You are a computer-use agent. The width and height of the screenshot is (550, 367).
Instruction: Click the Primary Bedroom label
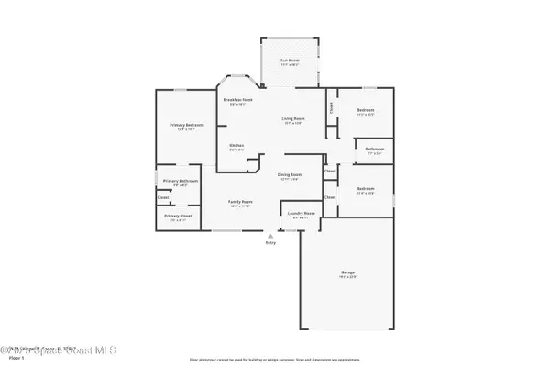pyautogui.click(x=186, y=125)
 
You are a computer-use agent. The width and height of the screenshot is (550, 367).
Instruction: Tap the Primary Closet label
pyautogui.click(x=176, y=217)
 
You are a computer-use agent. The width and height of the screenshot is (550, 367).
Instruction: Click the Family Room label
pyautogui.click(x=241, y=202)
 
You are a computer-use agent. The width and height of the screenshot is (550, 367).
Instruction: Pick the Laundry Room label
pyautogui.click(x=303, y=215)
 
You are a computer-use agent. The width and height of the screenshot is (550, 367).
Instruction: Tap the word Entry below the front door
pyautogui.click(x=270, y=242)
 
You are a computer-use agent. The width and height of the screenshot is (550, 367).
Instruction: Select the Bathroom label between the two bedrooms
pyautogui.click(x=374, y=150)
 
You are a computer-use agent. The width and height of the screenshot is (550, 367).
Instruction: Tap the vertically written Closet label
pyautogui.click(x=331, y=107)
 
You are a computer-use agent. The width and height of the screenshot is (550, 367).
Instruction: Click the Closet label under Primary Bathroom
pyautogui.click(x=163, y=197)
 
